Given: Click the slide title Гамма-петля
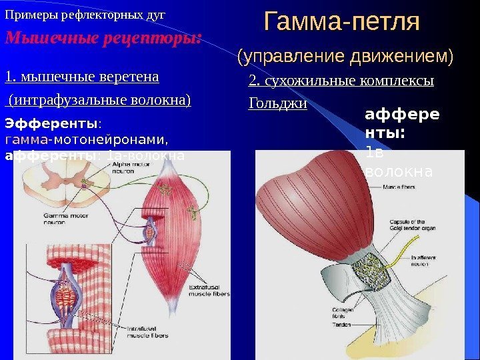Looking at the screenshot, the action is point(342,22).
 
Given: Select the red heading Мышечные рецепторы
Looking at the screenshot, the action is point(103,37).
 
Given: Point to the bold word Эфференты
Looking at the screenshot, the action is point(51,123).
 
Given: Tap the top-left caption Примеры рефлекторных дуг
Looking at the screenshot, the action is point(85,14).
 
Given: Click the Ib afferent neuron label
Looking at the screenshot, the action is point(427,261).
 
